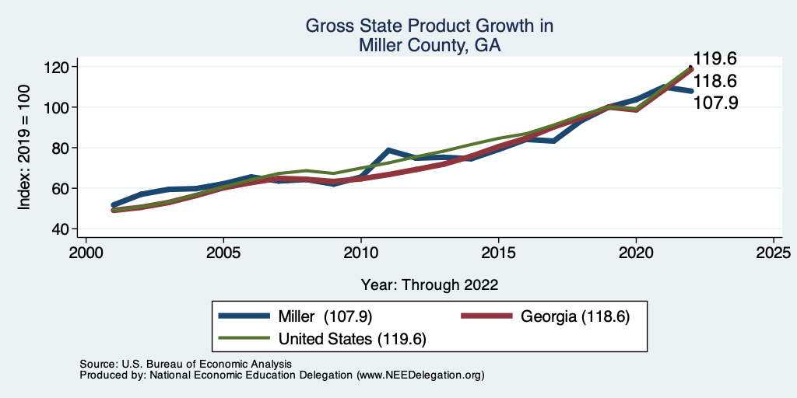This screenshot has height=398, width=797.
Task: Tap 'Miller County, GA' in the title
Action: pos(429,46)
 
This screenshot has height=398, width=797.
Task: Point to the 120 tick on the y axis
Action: pos(58,67)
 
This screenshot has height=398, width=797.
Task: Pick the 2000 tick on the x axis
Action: pos(86,253)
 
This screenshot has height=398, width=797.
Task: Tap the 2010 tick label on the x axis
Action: pos(360,253)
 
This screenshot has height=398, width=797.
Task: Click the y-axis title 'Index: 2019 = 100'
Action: pos(24,148)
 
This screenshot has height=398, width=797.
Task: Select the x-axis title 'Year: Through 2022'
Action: pos(429,285)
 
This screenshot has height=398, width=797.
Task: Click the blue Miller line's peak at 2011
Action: pos(388,150)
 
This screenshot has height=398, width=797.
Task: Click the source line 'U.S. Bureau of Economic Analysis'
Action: pos(204,364)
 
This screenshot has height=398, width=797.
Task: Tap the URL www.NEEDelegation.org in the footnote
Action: pos(420,375)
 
